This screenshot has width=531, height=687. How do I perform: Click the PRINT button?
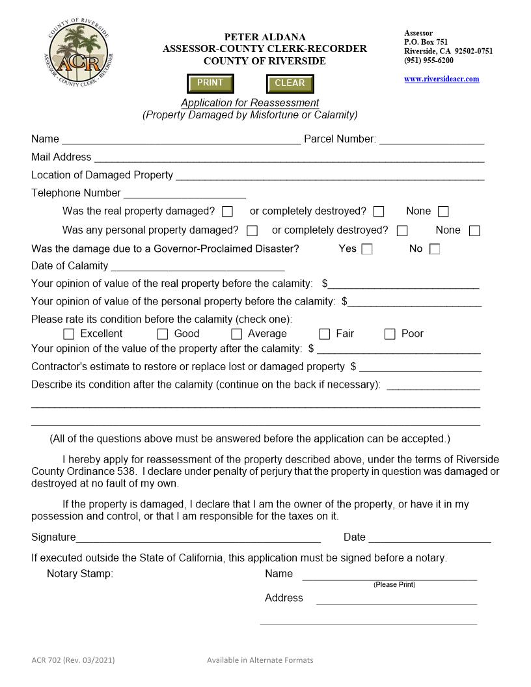click(x=210, y=83)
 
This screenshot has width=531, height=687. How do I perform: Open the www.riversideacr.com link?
click(x=441, y=79)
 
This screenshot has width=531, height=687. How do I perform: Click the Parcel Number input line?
click(x=431, y=139)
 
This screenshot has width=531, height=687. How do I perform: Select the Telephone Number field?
click(x=184, y=193)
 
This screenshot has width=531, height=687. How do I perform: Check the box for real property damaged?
click(x=227, y=211)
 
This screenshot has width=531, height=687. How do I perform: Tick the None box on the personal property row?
click(x=474, y=231)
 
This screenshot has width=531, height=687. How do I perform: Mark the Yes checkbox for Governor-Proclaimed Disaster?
click(x=367, y=249)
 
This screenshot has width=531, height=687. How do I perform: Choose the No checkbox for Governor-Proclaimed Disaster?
click(x=435, y=249)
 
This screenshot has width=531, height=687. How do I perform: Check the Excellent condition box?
click(x=69, y=334)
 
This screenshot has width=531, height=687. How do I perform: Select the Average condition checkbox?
click(x=236, y=334)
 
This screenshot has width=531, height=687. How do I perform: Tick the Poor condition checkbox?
click(x=390, y=334)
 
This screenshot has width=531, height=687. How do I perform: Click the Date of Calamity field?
click(x=197, y=266)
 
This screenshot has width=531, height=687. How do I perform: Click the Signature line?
click(x=198, y=537)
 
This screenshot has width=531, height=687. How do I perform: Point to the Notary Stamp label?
click(x=80, y=574)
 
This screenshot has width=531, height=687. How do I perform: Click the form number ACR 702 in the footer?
click(x=73, y=660)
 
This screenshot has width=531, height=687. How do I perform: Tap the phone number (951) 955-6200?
click(x=429, y=61)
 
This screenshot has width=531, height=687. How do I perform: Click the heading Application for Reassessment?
click(x=250, y=103)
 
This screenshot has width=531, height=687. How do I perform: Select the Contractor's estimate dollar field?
click(x=420, y=367)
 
